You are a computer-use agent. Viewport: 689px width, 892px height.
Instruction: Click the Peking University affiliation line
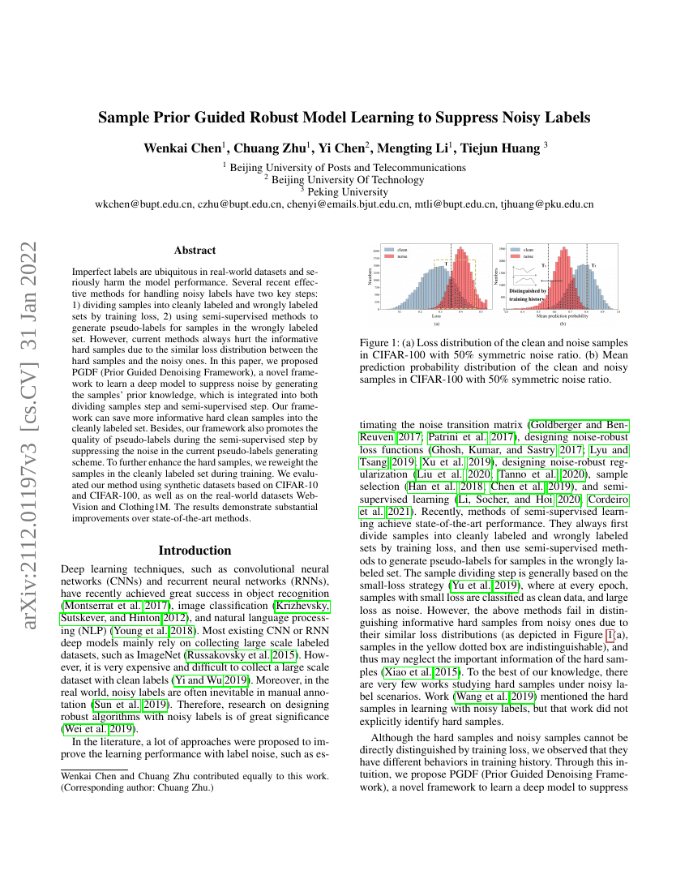coord(344,192)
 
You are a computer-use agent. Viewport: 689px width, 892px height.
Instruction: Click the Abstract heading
coord(195,251)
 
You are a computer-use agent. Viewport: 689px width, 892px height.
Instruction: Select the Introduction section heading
coord(195,550)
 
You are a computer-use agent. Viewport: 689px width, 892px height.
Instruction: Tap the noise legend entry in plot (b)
coord(529,255)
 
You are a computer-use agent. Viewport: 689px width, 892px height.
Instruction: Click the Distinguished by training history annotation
coord(528,294)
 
